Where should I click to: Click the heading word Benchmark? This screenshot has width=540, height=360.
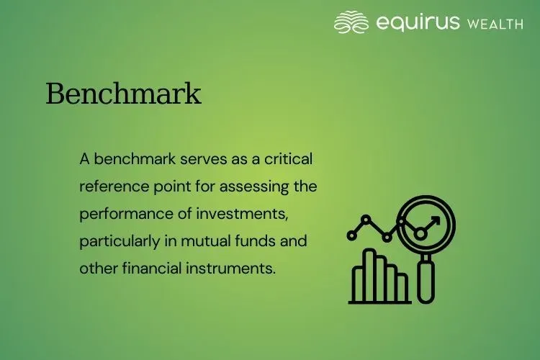tap(123, 94)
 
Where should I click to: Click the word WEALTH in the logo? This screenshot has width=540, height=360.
tap(495, 24)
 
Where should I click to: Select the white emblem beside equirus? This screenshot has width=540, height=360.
tap(351, 22)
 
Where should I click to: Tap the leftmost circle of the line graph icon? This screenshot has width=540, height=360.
tap(352, 235)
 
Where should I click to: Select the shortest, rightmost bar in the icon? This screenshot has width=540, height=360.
tap(402, 287)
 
